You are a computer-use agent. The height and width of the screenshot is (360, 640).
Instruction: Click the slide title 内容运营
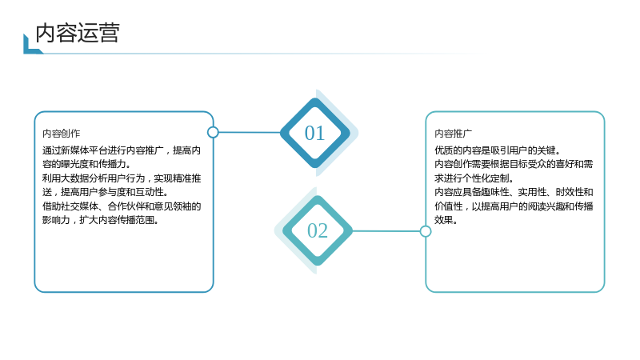[78, 33]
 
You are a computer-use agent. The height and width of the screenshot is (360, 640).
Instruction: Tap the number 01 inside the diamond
[314, 133]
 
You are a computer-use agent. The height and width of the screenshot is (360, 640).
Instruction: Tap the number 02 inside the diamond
[317, 230]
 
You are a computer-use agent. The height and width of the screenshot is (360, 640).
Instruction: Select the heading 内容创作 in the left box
[62, 134]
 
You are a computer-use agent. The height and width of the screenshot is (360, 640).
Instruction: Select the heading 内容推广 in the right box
[453, 134]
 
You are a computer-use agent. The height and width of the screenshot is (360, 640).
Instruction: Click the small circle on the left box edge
[213, 132]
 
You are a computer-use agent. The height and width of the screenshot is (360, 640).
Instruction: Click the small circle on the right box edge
[426, 231]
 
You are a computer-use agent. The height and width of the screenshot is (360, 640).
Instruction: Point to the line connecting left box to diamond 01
[250, 132]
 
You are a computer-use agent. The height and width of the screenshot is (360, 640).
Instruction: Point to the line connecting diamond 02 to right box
[386, 231]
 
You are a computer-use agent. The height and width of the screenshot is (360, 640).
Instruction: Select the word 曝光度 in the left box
[74, 164]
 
